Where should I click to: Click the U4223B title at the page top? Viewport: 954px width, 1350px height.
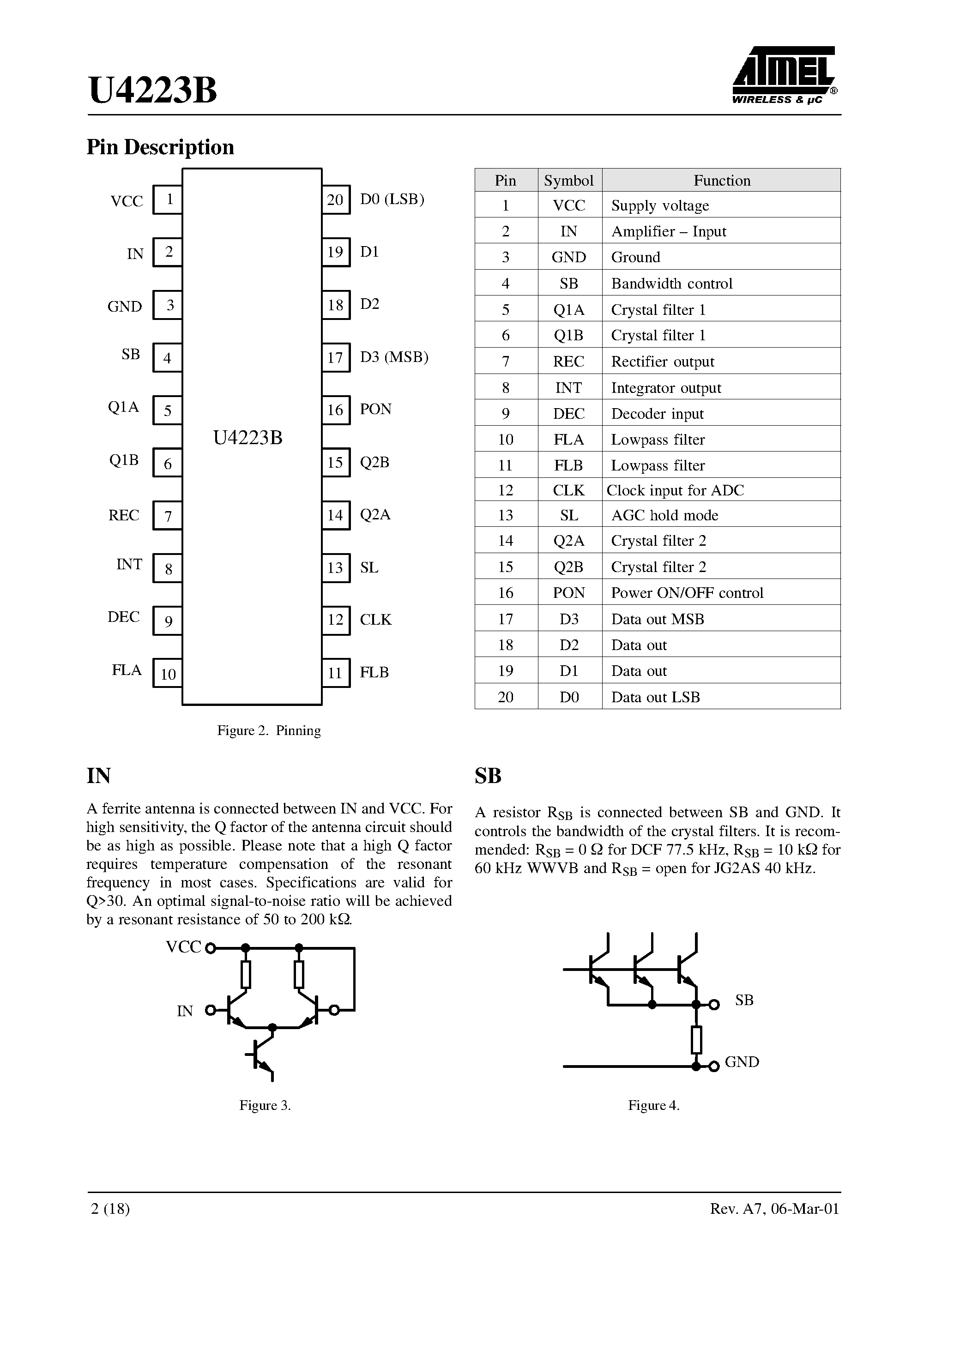(153, 90)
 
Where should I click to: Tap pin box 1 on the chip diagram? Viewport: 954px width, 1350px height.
(168, 200)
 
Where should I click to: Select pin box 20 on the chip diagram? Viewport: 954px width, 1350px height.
(336, 200)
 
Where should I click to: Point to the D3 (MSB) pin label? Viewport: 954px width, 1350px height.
(393, 357)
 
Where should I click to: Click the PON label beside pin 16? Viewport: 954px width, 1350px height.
(375, 409)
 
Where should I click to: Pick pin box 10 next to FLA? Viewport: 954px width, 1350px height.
(168, 674)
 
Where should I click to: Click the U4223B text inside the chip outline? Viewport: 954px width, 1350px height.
(248, 438)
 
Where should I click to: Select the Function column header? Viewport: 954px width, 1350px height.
(722, 181)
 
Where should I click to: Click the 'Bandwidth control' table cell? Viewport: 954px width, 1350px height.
(672, 283)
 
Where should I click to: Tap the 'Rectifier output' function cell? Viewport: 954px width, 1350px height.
(662, 362)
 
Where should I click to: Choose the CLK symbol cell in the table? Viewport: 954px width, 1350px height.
(569, 490)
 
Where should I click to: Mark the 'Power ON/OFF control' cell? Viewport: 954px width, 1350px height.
(687, 593)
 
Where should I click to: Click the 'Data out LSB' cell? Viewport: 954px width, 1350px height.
(655, 697)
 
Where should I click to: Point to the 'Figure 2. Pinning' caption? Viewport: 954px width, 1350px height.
(269, 731)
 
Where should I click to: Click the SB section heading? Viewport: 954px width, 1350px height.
(488, 776)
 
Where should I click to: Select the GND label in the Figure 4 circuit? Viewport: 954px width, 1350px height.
(742, 1062)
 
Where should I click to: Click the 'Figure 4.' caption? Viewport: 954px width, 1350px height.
(653, 1105)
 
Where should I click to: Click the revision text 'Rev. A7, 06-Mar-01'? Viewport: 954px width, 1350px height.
(774, 1209)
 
